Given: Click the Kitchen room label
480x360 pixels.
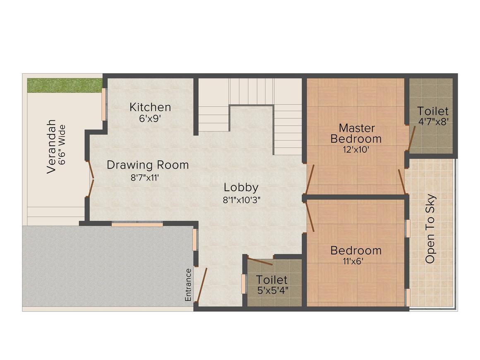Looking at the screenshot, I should [150, 107].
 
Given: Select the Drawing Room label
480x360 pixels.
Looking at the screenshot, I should [148, 165].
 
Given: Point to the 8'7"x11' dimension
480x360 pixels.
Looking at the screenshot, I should [145, 178].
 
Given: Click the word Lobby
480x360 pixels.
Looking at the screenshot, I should [241, 187].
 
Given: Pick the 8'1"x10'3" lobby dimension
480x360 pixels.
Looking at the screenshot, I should [241, 200].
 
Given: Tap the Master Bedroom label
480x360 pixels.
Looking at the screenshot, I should [356, 133].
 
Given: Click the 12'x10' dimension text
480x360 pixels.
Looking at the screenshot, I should [356, 150].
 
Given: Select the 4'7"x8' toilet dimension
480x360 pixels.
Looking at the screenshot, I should [433, 122].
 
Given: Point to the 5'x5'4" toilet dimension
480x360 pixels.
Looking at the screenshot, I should [273, 290].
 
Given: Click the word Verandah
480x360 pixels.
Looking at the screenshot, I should [51, 146].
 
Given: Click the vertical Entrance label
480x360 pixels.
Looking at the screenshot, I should [188, 285].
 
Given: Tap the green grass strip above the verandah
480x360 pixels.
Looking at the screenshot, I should [65, 86].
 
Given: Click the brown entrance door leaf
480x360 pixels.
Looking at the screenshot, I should [201, 285].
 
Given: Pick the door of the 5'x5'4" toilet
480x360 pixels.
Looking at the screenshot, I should [260, 262].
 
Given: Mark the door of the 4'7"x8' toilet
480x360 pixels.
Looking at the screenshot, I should [412, 139].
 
